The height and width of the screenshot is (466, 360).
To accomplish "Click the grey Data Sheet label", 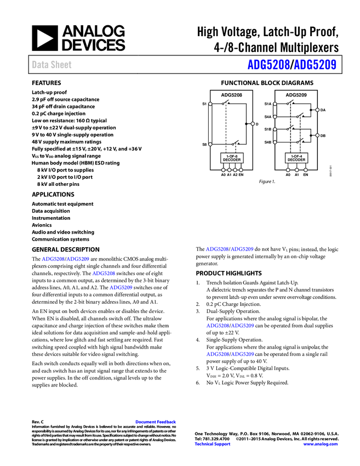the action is [52, 65].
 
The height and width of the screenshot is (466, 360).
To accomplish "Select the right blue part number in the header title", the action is [315, 65].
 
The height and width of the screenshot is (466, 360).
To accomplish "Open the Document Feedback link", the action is [156, 422].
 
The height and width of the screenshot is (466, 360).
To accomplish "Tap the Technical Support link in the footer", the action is [213, 444].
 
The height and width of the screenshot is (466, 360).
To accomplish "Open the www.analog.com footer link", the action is [321, 444].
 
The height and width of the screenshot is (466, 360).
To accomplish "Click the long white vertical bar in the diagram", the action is [210, 124].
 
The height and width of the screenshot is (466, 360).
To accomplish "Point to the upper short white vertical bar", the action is [275, 110].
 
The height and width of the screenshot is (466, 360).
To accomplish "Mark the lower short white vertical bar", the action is [275, 135].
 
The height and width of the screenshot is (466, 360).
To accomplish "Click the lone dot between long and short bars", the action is [253, 123].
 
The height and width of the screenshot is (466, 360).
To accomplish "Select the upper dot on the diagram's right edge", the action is [317, 110].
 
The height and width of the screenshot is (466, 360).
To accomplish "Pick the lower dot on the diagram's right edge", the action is [317, 135].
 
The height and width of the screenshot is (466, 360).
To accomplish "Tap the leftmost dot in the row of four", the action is [223, 170].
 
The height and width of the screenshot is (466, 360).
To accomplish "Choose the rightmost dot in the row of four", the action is [241, 170].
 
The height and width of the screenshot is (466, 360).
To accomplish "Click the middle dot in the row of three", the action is [296, 170].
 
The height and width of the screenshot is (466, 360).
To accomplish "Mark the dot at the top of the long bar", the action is [210, 104].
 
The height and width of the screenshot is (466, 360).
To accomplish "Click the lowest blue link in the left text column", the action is [121, 287].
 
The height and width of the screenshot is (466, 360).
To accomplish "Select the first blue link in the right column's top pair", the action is [216, 249].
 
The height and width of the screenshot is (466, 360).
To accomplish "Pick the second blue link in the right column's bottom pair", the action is [243, 354].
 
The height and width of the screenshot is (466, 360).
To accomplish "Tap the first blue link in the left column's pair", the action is [53, 259].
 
